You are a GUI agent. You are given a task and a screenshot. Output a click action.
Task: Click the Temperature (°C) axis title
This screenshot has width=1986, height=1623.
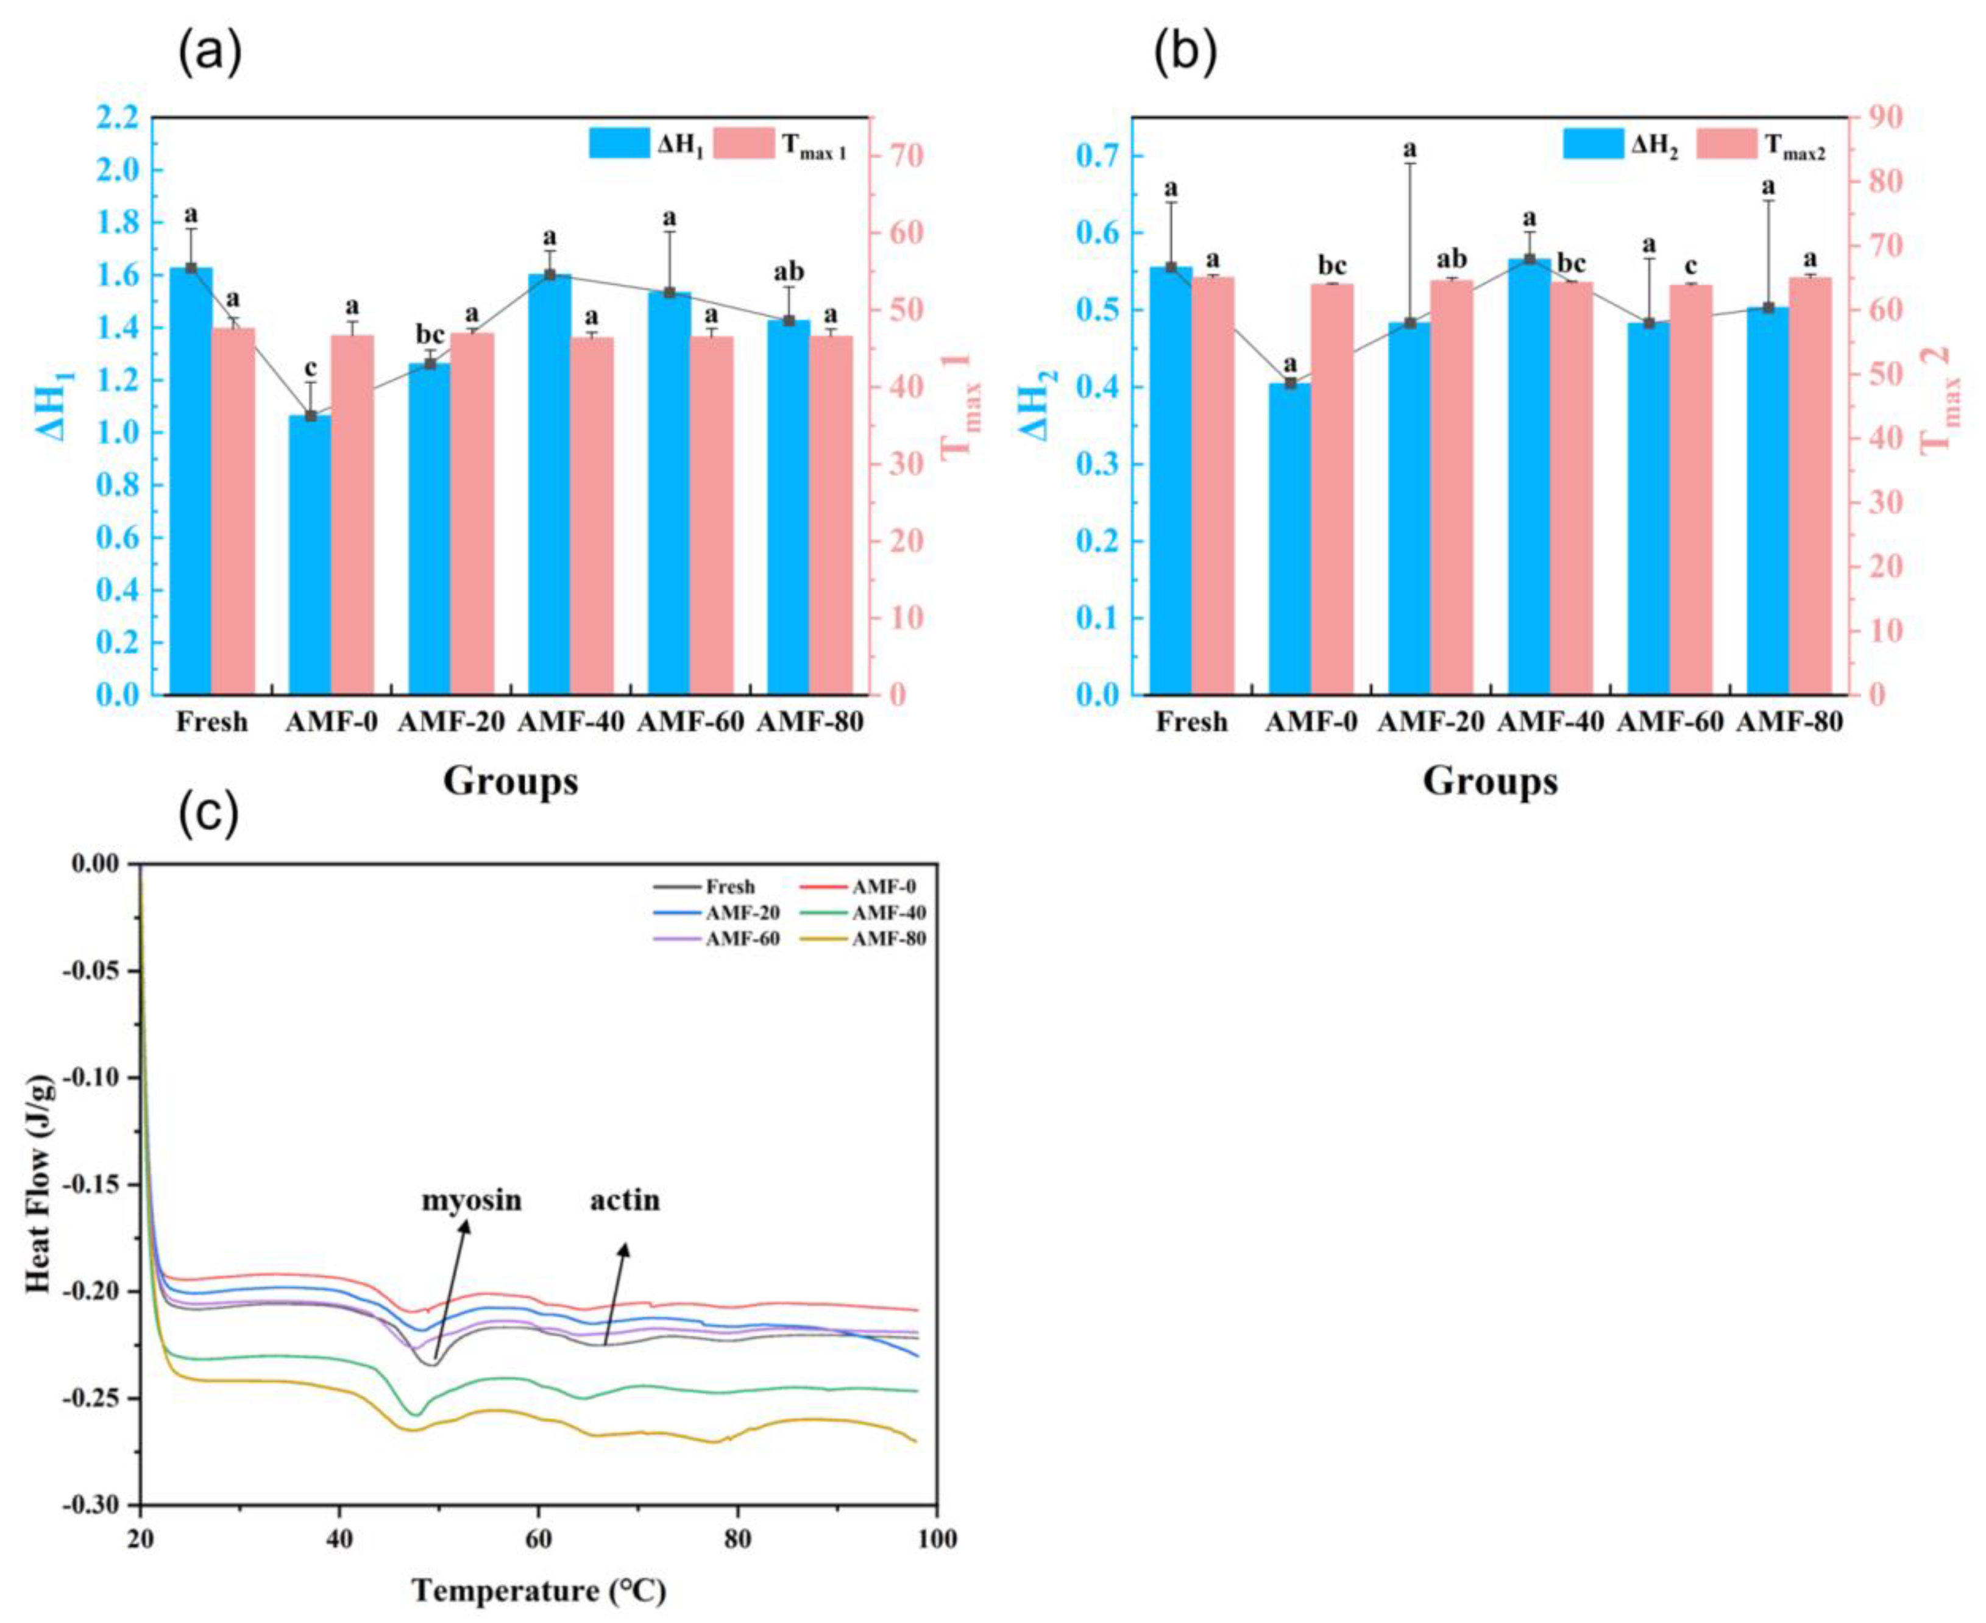pos(539,1590)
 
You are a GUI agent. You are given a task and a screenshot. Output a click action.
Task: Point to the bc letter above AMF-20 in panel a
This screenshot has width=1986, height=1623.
pos(430,335)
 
